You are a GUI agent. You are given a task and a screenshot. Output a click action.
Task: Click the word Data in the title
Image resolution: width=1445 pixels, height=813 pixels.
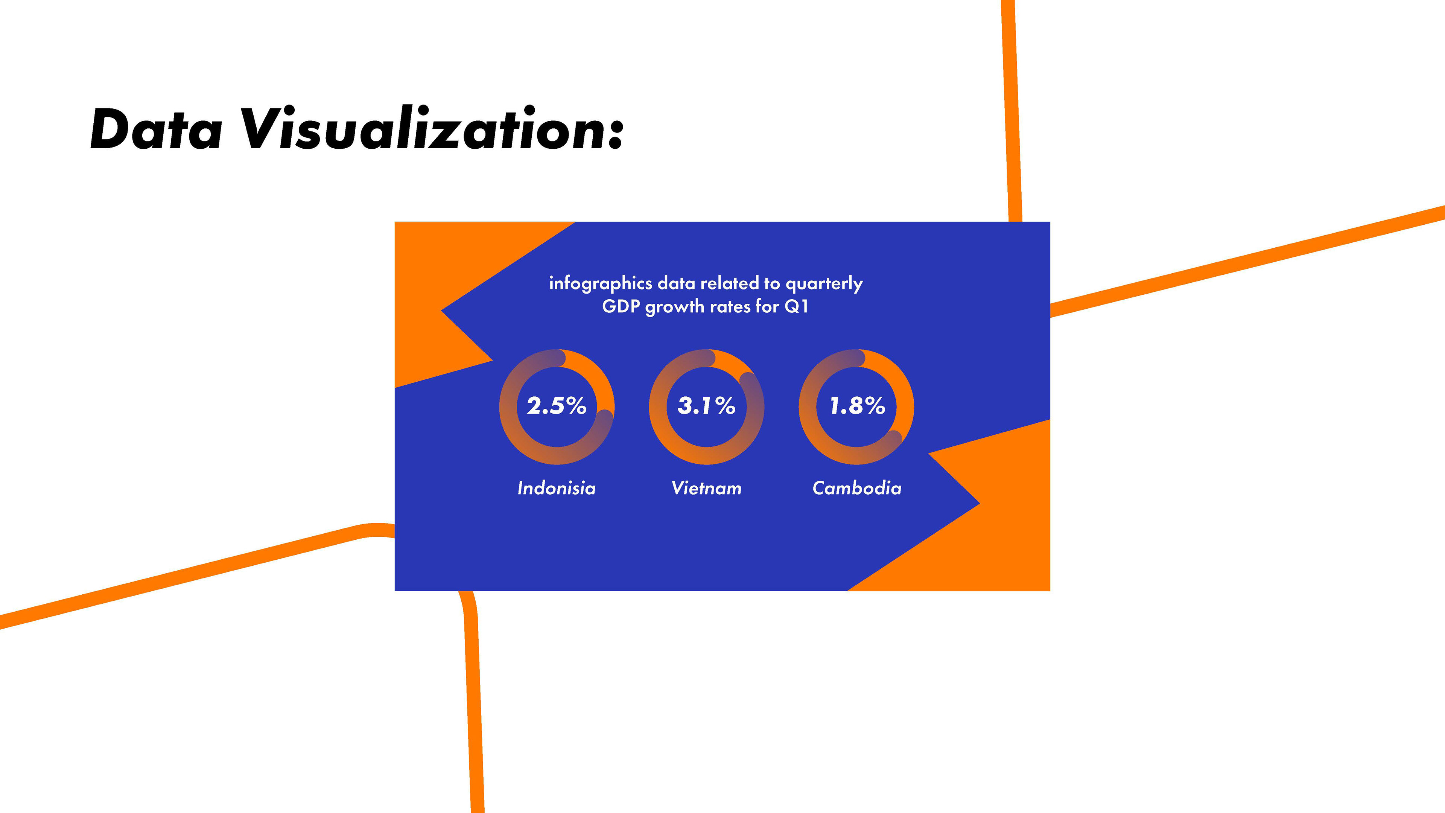click(156, 129)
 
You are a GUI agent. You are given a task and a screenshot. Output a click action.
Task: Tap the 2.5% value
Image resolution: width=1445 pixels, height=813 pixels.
click(557, 406)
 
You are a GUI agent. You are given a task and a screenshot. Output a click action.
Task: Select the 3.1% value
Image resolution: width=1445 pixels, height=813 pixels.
click(706, 406)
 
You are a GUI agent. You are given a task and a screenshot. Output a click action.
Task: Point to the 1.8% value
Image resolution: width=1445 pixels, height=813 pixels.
click(857, 406)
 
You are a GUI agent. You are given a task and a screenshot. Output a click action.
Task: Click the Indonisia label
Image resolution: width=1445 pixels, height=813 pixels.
click(557, 488)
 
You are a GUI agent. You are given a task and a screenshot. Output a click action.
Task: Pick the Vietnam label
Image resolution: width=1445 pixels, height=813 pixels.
click(706, 488)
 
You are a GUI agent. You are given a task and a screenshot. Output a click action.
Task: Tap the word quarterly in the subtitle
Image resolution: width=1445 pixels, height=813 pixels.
click(824, 284)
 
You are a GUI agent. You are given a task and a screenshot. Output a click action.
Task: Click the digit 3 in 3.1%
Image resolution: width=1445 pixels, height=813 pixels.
click(685, 406)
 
